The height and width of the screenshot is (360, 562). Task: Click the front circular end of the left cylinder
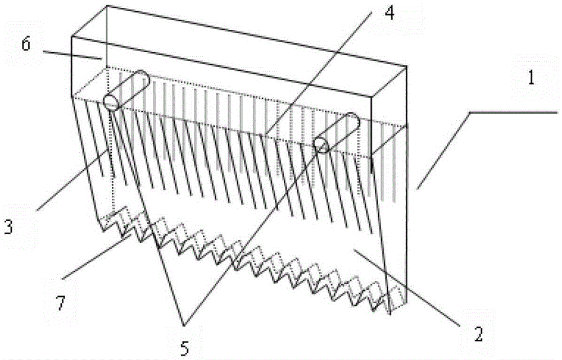[111, 102]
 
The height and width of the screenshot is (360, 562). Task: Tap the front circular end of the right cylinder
[321, 145]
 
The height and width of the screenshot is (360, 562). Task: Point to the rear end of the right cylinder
[353, 119]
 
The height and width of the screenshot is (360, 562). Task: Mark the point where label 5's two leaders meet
[184, 325]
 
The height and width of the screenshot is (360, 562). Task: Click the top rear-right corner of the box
[406, 66]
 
